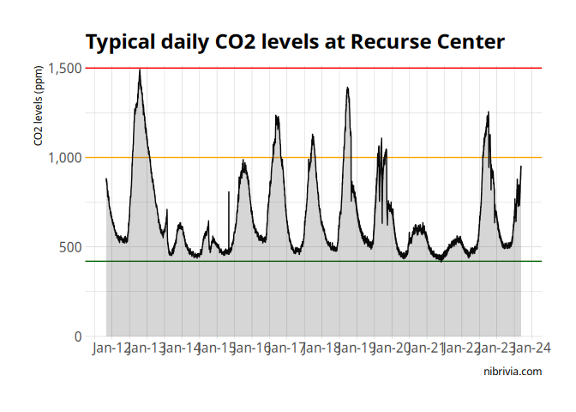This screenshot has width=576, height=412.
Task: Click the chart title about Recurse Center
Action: click(295, 41)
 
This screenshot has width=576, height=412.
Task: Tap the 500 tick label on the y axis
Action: click(71, 247)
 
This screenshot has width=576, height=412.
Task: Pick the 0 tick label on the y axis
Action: click(78, 336)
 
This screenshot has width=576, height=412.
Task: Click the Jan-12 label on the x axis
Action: click(111, 348)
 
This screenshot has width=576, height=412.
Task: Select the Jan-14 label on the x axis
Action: click(181, 348)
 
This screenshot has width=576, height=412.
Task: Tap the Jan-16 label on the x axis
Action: click(251, 348)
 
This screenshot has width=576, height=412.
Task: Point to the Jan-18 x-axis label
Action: click(321, 348)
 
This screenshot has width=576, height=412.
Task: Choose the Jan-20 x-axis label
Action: click(391, 348)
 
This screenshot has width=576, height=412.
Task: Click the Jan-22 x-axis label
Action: click(461, 348)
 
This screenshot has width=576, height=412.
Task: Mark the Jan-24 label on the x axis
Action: click(531, 348)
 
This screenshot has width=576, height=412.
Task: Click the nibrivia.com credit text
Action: click(513, 372)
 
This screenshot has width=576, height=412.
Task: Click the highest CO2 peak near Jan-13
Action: click(140, 70)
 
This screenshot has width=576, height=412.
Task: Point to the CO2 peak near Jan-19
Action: click(347, 88)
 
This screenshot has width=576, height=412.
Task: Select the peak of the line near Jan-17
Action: click(277, 115)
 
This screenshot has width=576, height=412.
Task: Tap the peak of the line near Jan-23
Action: click(488, 112)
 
